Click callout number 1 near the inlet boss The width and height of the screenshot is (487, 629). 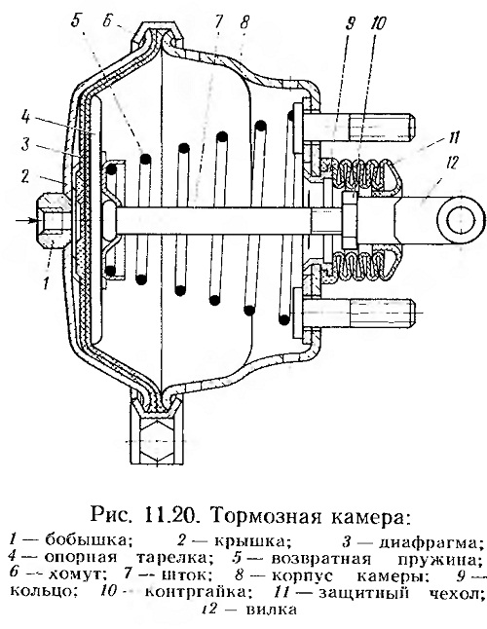(x=47, y=283)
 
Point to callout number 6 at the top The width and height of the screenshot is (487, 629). (x=107, y=21)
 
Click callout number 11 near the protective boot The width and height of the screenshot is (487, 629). (x=454, y=137)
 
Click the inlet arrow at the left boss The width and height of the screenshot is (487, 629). (x=27, y=221)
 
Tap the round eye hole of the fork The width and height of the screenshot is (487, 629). (x=460, y=221)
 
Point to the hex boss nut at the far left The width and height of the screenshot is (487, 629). (x=53, y=221)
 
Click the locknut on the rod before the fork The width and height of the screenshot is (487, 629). (x=350, y=220)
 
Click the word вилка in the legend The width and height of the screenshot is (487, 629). (x=272, y=610)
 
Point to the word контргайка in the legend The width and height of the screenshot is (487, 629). (x=197, y=593)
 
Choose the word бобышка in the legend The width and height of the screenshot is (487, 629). (x=89, y=540)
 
